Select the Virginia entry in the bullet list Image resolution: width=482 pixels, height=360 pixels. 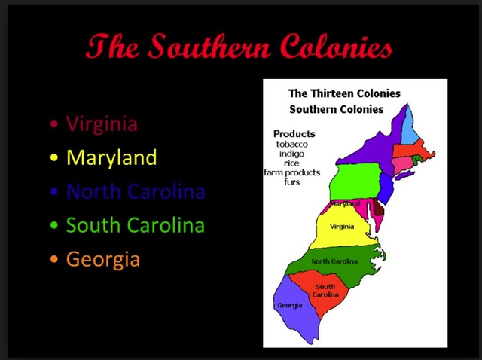102,124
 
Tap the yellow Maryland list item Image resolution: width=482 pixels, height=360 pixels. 111,157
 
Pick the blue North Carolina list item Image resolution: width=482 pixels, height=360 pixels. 136,191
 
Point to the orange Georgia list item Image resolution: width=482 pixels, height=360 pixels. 103,259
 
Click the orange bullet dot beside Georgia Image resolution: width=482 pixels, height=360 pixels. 53,260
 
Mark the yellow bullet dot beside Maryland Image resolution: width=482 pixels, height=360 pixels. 53,158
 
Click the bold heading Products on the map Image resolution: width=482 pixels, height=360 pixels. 294,133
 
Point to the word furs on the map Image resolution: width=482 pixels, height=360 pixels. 291,182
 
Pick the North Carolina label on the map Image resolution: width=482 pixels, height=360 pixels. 334,261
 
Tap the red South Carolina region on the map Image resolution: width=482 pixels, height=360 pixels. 325,291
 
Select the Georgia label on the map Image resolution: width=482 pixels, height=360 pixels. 290,305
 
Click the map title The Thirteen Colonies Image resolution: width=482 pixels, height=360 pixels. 345,94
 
